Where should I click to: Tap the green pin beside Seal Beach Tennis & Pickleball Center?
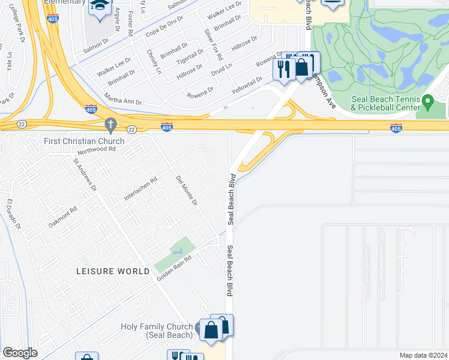point(427,101)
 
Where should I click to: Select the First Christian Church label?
point(84,141)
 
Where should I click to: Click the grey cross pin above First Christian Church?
point(110,125)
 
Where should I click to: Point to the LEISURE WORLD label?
point(113,271)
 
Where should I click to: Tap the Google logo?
point(20,353)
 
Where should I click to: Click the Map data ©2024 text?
point(423,355)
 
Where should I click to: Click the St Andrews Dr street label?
point(85,175)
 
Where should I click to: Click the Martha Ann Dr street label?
point(122,102)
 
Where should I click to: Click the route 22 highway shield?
point(131,129)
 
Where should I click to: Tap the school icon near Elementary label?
point(97,7)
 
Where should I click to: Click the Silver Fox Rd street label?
point(213,44)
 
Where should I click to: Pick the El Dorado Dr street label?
point(13,214)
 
